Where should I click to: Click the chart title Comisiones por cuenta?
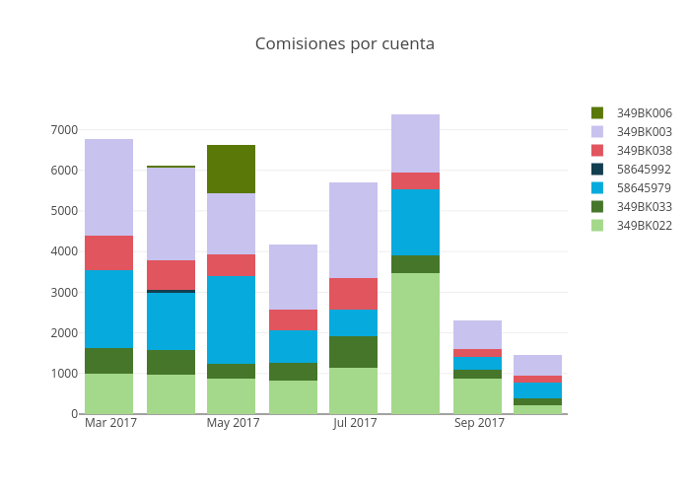(x=345, y=44)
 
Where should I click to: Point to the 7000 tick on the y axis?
(x=63, y=130)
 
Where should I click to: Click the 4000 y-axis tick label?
(x=63, y=251)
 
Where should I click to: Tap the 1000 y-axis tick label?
(x=63, y=374)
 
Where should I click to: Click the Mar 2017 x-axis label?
(x=110, y=424)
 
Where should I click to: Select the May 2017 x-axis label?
(x=233, y=424)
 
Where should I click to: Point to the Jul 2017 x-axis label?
(x=355, y=424)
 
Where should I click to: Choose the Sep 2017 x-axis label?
(x=479, y=424)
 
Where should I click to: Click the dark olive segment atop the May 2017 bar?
(x=232, y=169)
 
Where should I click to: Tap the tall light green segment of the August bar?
(x=415, y=343)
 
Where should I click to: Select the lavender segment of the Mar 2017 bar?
(x=108, y=187)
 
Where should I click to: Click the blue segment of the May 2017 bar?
(x=232, y=319)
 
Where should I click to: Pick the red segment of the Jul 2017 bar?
(x=354, y=294)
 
